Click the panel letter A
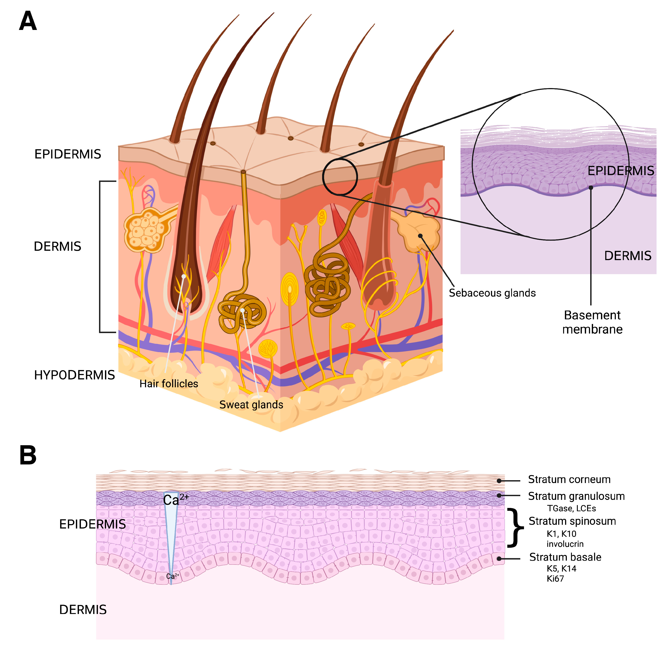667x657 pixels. click(28, 21)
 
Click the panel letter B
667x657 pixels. click(28, 455)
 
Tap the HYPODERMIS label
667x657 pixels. click(74, 375)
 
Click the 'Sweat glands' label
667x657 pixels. click(251, 405)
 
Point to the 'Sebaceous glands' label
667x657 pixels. click(492, 293)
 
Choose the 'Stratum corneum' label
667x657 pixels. click(569, 480)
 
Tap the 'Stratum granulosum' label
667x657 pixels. click(576, 496)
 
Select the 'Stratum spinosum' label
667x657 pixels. click(572, 521)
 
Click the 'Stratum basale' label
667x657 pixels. click(565, 557)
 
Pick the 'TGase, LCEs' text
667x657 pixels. click(571, 508)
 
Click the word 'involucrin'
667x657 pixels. click(565, 544)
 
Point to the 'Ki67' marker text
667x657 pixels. click(555, 579)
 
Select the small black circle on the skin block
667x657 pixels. click(340, 177)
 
